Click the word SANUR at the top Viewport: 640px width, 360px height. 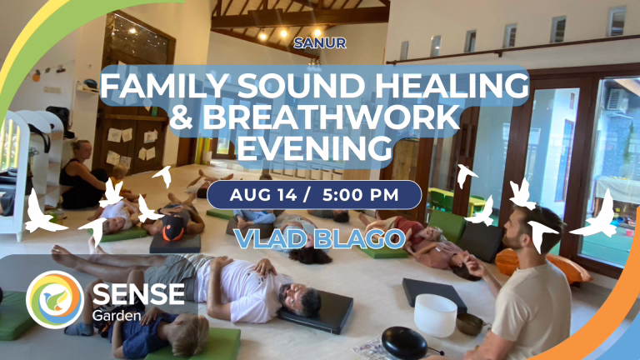coord(320,42)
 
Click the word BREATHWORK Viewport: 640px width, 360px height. coord(331,117)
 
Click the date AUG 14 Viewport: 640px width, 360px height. coord(263,195)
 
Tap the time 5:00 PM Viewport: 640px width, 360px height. coord(360,195)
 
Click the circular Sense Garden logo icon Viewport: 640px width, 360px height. coord(55,299)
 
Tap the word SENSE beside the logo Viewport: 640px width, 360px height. coord(138,294)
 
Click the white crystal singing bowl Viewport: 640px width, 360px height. coord(436,315)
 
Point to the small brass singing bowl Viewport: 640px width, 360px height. coord(470,324)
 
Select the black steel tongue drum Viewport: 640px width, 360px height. coord(403,342)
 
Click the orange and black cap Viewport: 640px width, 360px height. coord(173,228)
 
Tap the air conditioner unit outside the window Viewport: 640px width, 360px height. coord(617,100)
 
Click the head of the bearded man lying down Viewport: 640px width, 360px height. coord(300,300)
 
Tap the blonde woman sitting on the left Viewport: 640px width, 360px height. coord(82,176)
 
